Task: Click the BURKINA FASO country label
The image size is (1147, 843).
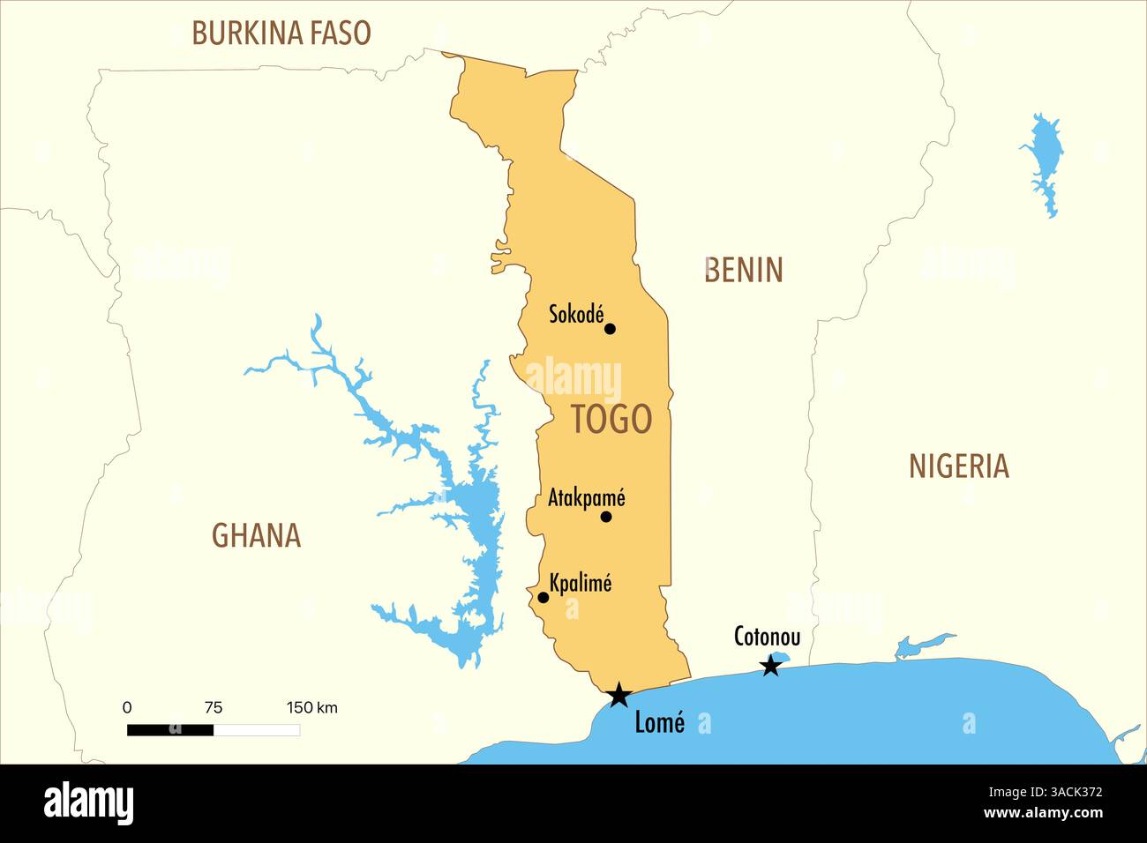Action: pos(281,34)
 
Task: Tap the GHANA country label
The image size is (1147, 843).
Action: pos(256,535)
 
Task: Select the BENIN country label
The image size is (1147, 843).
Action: pos(744,270)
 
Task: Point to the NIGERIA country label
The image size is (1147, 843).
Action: pos(958,466)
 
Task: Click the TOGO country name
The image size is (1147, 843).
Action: pos(611,419)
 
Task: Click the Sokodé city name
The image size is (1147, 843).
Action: pos(576,314)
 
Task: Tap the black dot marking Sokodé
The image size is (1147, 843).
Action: pos(610,329)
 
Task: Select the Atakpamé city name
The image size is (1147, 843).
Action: pos(586,497)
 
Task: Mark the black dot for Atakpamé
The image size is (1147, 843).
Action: pos(606,517)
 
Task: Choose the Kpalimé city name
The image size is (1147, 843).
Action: pos(580,583)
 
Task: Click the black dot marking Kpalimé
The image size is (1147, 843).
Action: pos(544,598)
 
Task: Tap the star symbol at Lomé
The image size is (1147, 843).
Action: pos(618,695)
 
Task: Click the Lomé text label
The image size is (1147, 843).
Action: pos(659,723)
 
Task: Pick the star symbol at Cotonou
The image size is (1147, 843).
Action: pos(771,666)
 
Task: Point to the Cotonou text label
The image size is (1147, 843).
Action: pos(767,637)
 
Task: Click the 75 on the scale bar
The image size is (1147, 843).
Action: pos(214,707)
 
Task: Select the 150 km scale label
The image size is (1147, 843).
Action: pos(311,707)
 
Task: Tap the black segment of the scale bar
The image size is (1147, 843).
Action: pos(170,730)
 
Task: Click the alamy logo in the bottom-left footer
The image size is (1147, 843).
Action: pos(89,803)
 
